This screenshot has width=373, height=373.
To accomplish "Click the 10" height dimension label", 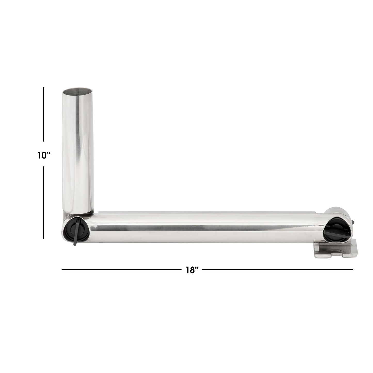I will pos(44,155).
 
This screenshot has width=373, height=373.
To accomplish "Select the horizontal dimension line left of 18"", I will pos(121,270).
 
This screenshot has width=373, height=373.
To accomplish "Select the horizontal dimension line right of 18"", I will pos(277,270).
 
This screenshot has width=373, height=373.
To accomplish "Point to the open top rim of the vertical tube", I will pos(77,91).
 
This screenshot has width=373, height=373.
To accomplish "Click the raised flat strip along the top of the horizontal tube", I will pos(207,213).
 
